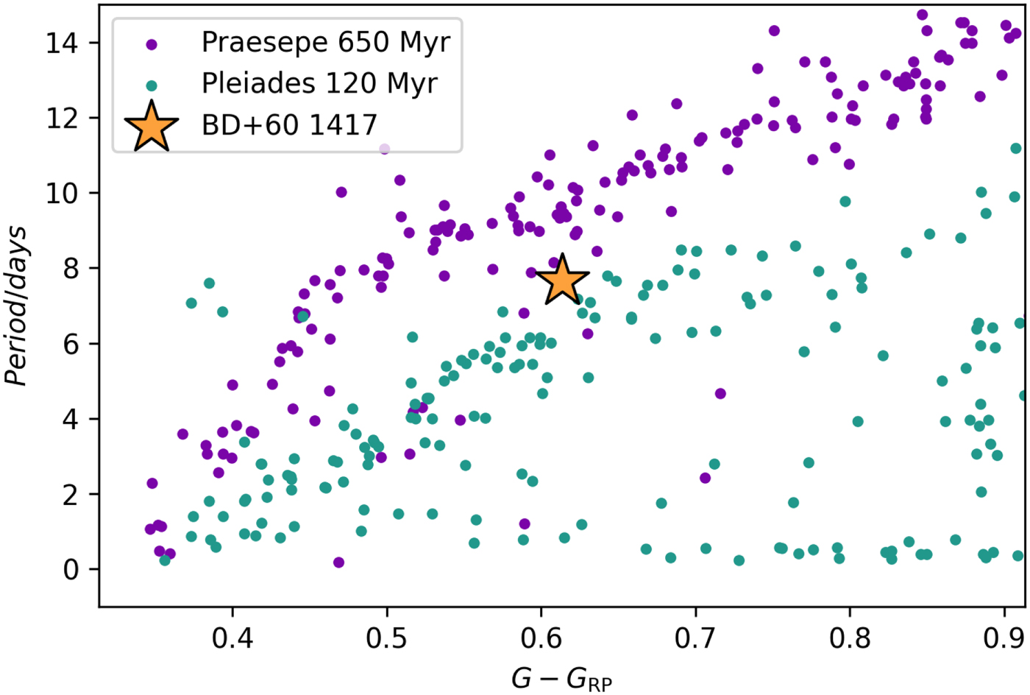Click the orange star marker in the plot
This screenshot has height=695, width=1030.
562,281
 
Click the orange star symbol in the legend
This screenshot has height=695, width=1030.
152,127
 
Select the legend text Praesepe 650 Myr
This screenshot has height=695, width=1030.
325,43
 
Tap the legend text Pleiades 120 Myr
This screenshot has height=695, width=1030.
319,84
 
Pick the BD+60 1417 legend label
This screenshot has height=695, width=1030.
289,126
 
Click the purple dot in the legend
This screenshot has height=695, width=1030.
152,44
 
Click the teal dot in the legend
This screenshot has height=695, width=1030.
152,85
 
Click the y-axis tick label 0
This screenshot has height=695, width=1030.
71,569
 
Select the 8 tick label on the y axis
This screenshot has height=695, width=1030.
71,269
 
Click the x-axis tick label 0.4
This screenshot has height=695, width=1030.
232,638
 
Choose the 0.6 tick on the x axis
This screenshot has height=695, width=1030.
541,638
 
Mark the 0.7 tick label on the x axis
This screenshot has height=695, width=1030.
695,638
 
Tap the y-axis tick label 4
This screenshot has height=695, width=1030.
71,419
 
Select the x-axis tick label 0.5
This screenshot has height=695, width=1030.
387,638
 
